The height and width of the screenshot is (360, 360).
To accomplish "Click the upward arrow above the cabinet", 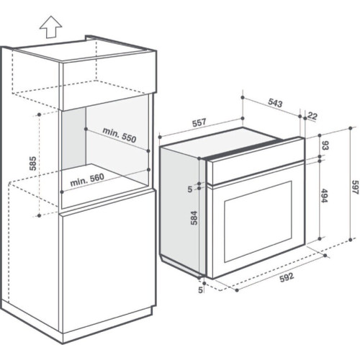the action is click(x=51, y=27).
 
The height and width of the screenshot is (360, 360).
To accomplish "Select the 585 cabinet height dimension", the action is click(x=33, y=163).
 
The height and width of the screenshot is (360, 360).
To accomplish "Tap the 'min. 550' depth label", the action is click(x=120, y=135).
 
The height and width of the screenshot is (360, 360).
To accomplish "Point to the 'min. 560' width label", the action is click(x=87, y=180).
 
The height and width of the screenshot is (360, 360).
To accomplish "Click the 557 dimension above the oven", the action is click(x=199, y=122).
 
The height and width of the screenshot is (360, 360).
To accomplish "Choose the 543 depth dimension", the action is click(x=275, y=103).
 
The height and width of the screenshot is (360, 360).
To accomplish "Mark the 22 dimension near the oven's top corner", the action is click(x=312, y=116).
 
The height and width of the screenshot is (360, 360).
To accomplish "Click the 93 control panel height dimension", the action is click(x=325, y=145).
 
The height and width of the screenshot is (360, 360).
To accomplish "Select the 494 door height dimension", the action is click(x=324, y=196).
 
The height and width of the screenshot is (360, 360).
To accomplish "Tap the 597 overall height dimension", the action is click(x=355, y=187).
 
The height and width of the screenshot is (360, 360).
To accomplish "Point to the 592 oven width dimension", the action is click(x=287, y=277).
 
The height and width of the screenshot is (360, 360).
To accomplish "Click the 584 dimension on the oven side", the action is click(x=194, y=217).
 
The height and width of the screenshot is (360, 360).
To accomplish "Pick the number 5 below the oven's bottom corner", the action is click(x=200, y=290).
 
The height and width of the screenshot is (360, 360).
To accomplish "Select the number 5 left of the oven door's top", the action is click(x=190, y=189).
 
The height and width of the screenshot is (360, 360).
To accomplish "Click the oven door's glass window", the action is click(x=258, y=221).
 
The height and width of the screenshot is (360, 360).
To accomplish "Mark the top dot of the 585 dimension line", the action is click(x=40, y=114).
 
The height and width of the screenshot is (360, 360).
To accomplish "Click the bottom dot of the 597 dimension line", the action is click(x=351, y=240).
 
